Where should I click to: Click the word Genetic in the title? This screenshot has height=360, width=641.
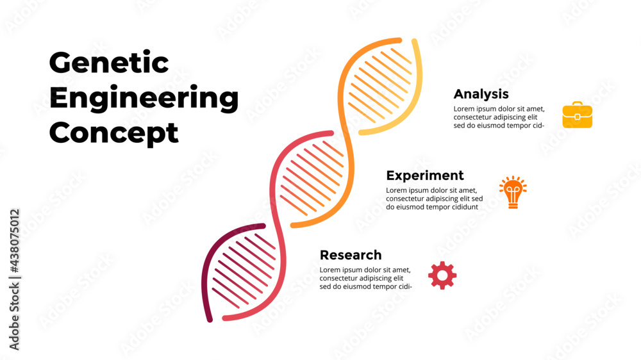(109, 63)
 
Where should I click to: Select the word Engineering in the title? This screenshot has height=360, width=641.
(144, 99)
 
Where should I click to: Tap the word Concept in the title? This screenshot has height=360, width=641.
(113, 133)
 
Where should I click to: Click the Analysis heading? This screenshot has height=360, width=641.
(481, 94)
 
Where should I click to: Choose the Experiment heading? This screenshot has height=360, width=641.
(425, 176)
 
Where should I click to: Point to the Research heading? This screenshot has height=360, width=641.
(351, 255)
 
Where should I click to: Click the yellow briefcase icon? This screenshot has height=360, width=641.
(577, 115)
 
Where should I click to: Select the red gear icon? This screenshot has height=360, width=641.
(442, 275)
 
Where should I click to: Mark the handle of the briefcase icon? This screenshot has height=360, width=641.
(577, 104)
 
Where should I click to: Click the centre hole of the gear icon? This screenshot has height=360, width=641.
(442, 275)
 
